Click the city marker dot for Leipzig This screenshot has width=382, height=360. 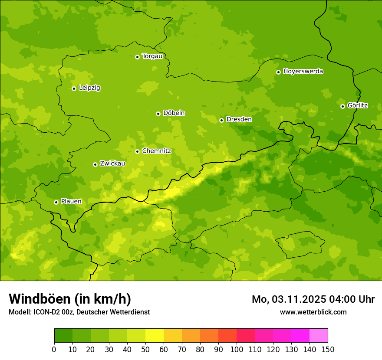[74, 88]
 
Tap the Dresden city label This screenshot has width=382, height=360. [239, 119]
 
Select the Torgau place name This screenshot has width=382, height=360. [152, 56]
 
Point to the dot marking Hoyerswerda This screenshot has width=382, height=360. [278, 72]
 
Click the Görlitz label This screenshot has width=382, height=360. [357, 105]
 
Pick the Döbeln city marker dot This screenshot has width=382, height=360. [158, 114]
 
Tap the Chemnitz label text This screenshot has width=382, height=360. [156, 151]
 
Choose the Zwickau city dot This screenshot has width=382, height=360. [95, 164]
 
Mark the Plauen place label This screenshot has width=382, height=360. [71, 201]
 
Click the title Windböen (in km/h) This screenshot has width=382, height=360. [69, 299]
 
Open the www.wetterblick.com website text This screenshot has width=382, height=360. [313, 312]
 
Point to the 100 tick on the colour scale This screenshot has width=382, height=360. [237, 349]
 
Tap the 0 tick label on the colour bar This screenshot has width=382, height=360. [54, 349]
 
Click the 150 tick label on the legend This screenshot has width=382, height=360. [328, 349]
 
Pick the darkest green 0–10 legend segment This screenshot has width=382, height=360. [63, 336]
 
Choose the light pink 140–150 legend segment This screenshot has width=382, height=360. [319, 336]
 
